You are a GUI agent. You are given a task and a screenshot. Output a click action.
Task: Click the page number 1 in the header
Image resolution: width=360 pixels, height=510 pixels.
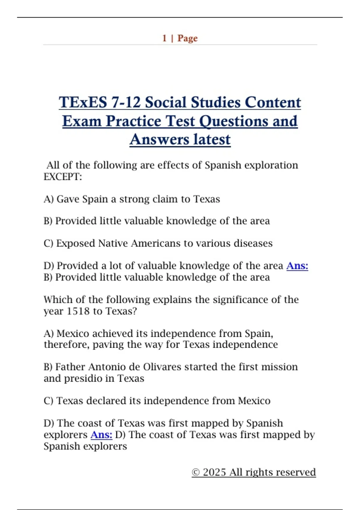point(164,38)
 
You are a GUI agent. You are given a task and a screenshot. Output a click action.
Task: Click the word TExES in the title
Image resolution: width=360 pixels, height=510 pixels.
point(83,102)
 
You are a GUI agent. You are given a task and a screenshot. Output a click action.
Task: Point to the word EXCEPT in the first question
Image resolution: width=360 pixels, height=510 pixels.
point(62,177)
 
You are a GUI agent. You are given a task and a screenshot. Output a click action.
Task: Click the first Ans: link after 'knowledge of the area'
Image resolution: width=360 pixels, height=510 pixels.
point(297,265)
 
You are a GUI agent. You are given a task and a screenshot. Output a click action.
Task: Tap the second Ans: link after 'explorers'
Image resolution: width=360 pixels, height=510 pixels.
point(101,434)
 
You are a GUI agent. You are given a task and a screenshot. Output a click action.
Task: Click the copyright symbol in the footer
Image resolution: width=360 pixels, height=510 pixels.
point(196,472)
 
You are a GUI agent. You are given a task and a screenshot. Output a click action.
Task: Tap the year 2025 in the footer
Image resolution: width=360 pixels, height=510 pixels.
point(214,472)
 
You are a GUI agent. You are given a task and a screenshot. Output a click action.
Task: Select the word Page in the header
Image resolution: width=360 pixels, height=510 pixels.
point(187,38)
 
